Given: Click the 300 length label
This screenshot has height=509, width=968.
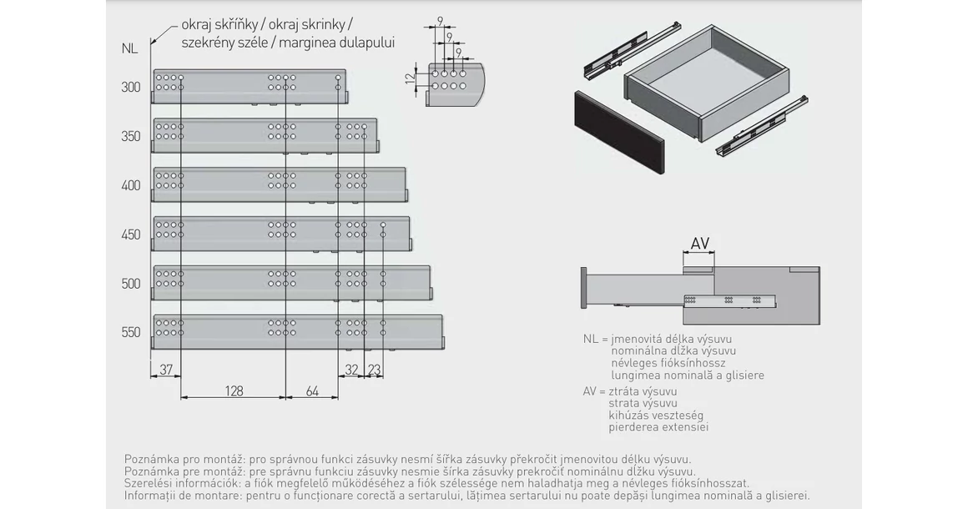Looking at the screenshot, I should click(x=131, y=87).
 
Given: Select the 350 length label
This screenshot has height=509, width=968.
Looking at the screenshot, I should click(x=131, y=136).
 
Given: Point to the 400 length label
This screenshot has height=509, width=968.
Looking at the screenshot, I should click(x=131, y=185).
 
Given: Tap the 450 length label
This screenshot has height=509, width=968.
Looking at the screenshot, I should click(x=131, y=234).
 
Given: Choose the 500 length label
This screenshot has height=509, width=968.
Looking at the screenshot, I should click(x=131, y=284).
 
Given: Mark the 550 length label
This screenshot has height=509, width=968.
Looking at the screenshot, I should click(x=131, y=332).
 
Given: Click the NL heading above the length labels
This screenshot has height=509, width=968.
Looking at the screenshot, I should click(x=129, y=48).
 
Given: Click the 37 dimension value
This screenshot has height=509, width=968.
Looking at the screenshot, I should click(x=165, y=369).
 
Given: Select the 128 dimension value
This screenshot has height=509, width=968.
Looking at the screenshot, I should click(x=234, y=390).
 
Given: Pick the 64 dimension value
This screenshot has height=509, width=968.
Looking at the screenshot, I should click(x=312, y=390).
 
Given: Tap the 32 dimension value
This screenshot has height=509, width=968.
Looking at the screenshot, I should click(x=351, y=369).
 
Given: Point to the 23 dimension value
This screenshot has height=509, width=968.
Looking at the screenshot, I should click(x=375, y=369).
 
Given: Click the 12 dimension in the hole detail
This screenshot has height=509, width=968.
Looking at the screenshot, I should click(x=409, y=78).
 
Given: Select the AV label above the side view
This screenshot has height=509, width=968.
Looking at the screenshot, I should click(x=700, y=244).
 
